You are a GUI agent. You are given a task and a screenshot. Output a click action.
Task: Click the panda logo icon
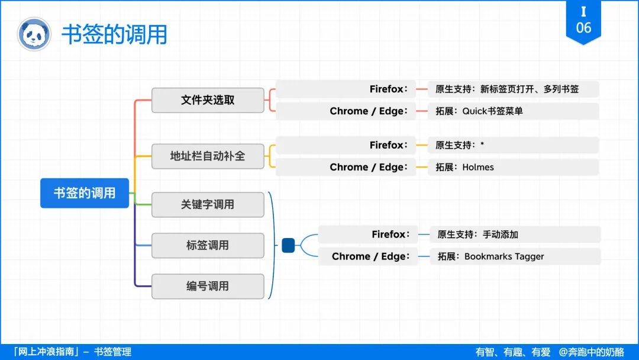34,34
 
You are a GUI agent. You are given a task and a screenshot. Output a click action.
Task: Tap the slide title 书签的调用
114,34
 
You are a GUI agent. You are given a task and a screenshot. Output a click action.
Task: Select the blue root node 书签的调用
85,193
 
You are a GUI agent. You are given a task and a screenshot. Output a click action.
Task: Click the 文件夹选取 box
208,100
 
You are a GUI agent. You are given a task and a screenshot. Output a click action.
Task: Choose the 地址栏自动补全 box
208,156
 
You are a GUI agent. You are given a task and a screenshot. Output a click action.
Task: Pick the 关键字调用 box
208,204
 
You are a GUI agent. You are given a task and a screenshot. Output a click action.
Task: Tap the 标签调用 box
208,245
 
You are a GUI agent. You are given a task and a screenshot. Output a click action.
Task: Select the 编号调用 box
208,286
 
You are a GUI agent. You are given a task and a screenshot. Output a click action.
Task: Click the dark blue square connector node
288,245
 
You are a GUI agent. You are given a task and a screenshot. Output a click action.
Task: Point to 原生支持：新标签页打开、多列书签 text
507,89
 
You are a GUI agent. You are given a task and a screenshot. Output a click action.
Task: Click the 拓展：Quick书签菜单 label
479,111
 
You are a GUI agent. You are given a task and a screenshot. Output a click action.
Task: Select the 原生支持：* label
460,145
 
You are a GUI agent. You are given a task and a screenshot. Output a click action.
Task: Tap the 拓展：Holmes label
464,168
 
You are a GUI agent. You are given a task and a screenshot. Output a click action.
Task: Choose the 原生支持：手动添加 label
477,234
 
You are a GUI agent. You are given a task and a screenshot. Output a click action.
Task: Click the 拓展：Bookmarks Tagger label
490,256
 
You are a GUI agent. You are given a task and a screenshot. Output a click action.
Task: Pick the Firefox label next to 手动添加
390,234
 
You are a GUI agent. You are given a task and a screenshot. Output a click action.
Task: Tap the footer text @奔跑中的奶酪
592,352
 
